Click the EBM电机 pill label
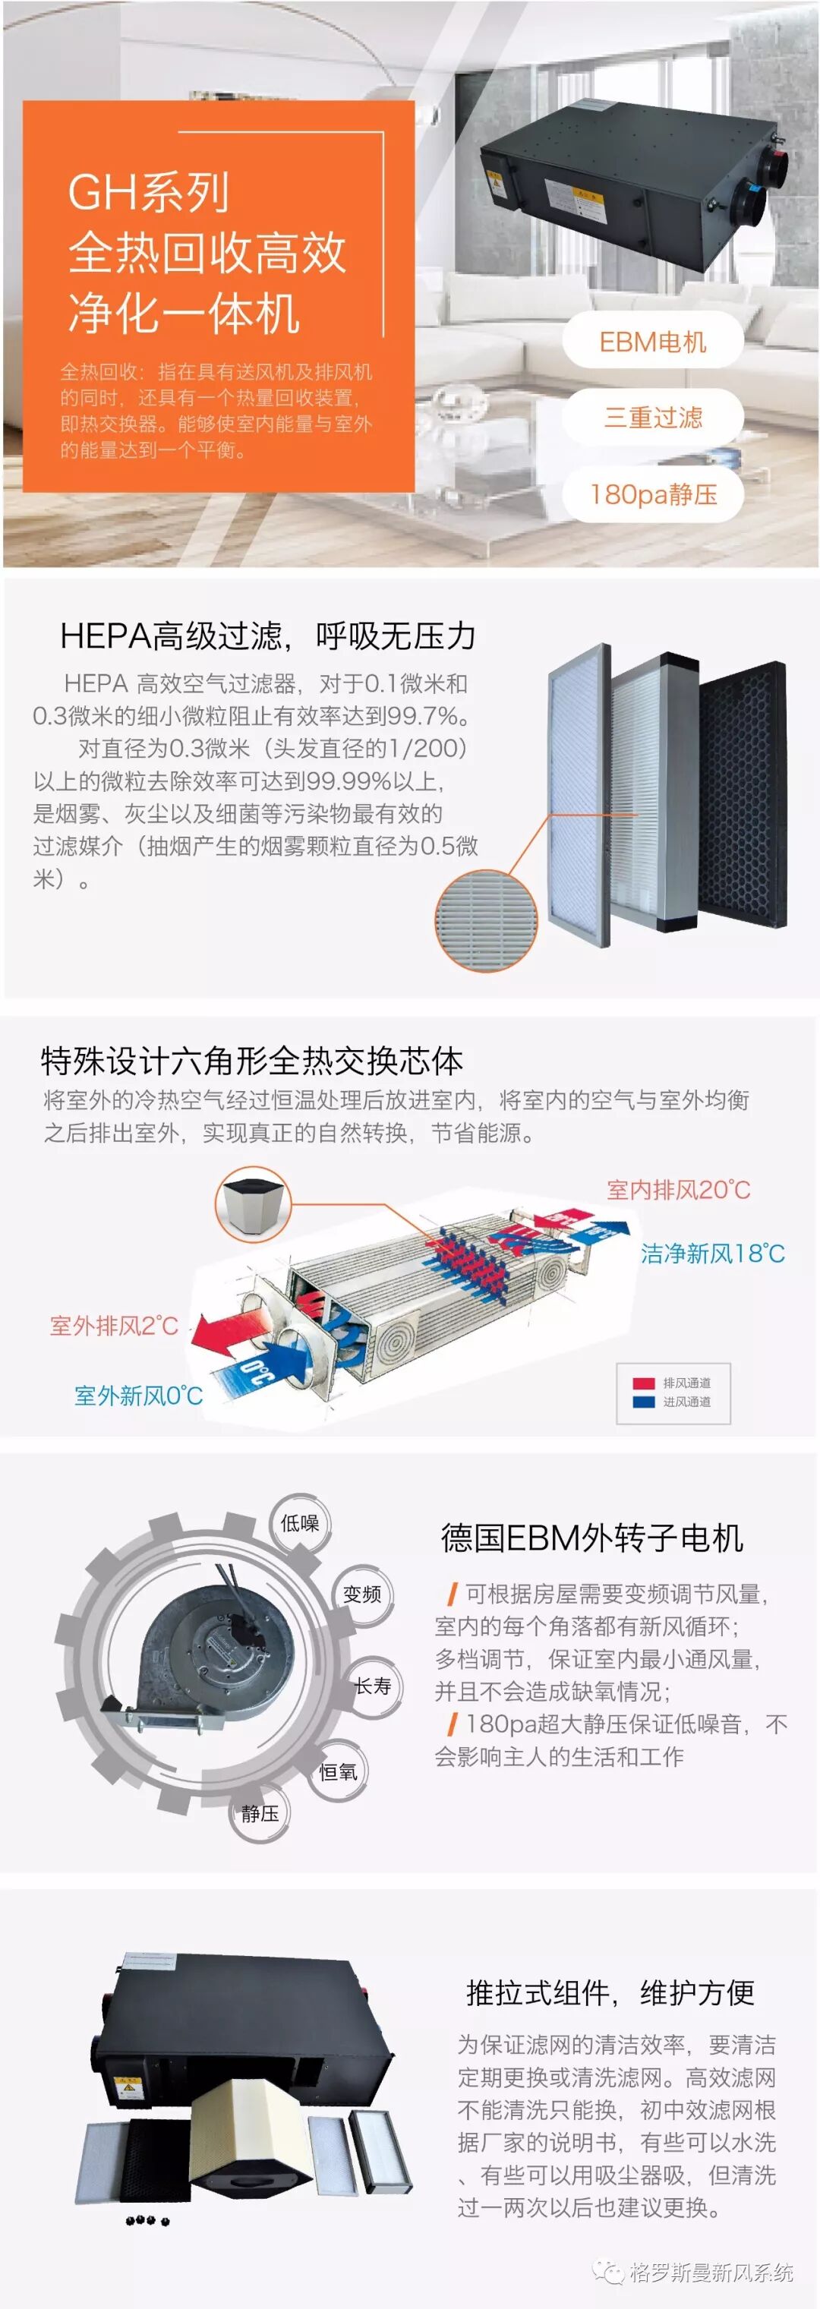(x=652, y=342)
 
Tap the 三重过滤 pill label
(x=652, y=418)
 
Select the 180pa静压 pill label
(x=652, y=494)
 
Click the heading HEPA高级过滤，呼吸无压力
(x=267, y=636)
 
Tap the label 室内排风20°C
(x=679, y=1190)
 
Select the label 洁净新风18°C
(x=712, y=1253)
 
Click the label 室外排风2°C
(x=114, y=1326)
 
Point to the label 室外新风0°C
(x=138, y=1395)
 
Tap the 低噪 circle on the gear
(x=299, y=1523)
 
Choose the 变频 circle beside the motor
(x=362, y=1594)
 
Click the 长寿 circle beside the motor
(x=373, y=1686)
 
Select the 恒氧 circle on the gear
(x=338, y=1772)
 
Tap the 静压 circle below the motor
(x=260, y=1813)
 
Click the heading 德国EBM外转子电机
(x=591, y=1538)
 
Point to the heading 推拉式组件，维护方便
(x=610, y=1992)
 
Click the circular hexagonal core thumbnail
(x=253, y=1203)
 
